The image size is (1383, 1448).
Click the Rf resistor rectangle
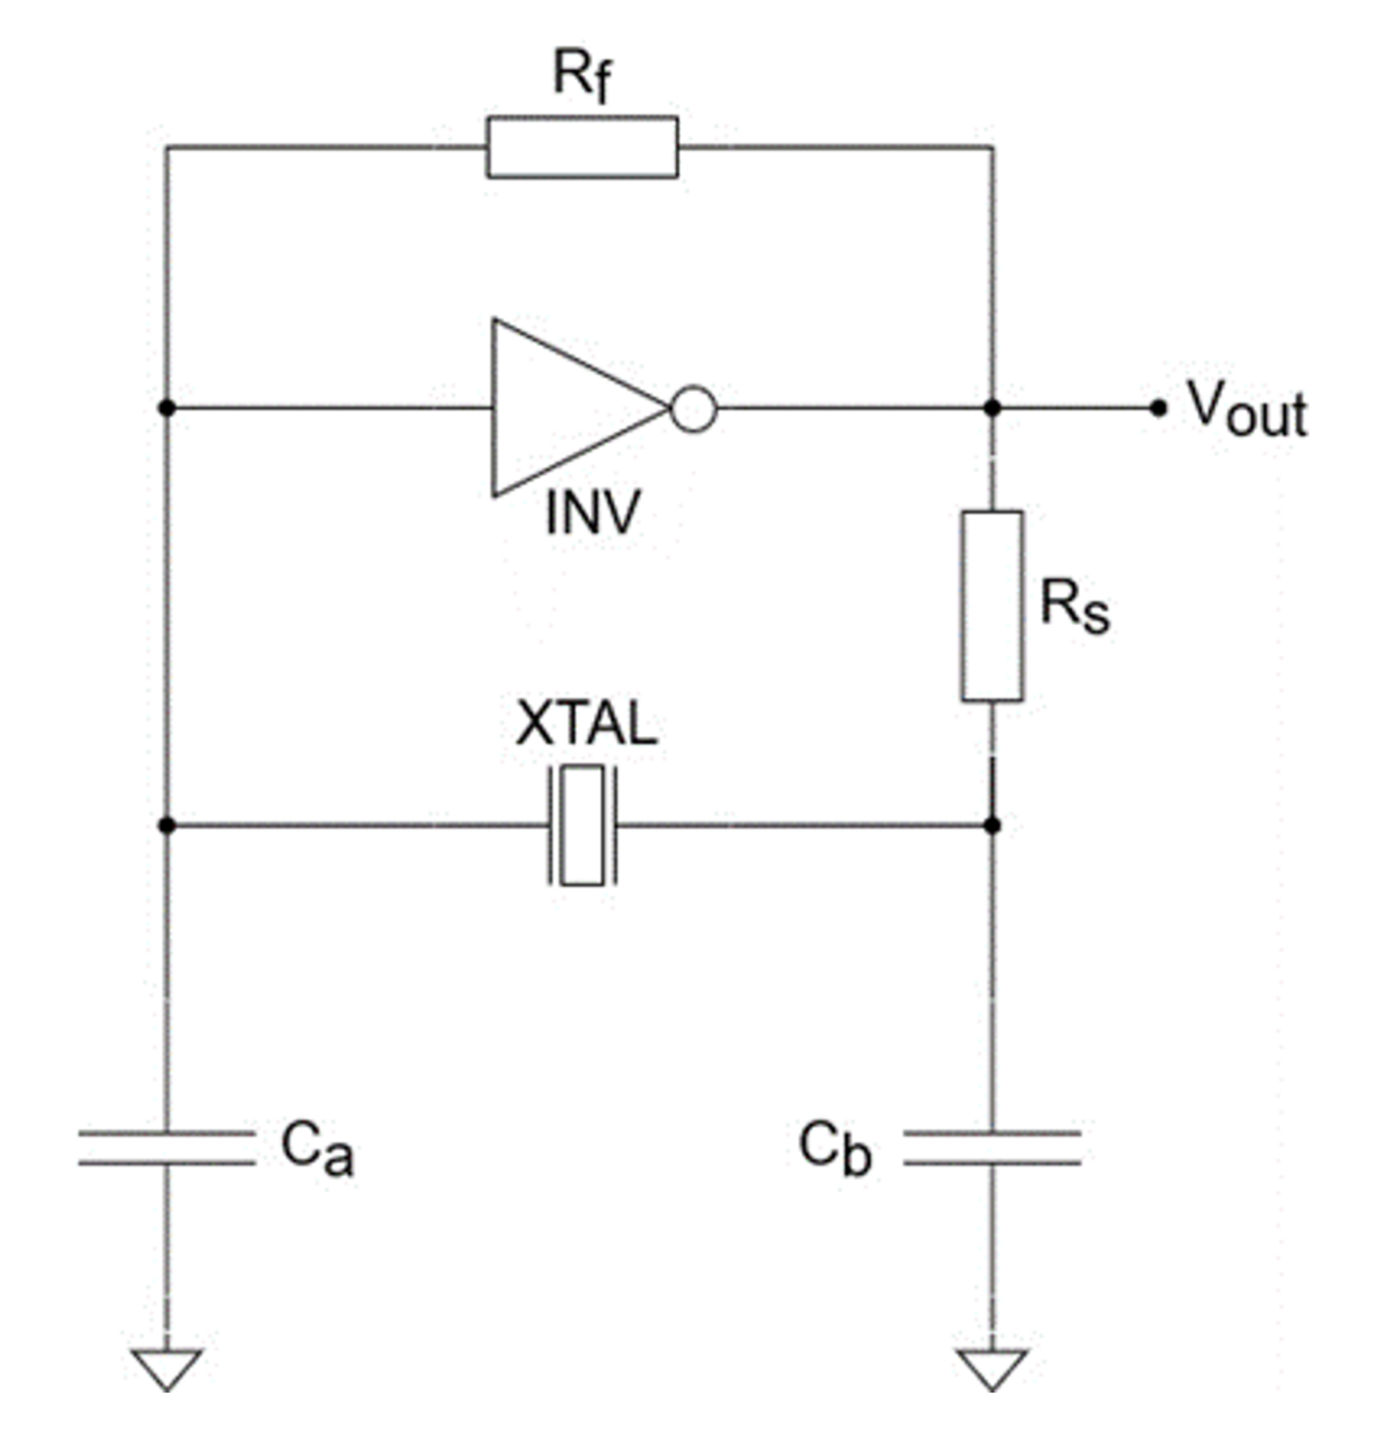click(x=582, y=147)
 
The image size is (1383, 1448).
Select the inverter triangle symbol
click(x=566, y=408)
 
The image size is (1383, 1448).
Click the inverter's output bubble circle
click(x=693, y=409)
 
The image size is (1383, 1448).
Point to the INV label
click(x=593, y=513)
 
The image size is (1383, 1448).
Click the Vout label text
click(x=1248, y=410)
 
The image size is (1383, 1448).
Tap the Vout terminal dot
click(x=1158, y=408)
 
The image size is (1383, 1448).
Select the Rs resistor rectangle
click(x=992, y=606)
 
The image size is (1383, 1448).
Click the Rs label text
click(x=1074, y=606)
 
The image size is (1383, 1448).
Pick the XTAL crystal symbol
click(x=582, y=825)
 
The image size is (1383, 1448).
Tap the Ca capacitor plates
click(x=167, y=1147)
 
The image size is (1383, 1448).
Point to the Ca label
click(x=317, y=1149)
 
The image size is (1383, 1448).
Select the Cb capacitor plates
click(x=992, y=1147)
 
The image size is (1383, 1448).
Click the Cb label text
click(x=835, y=1149)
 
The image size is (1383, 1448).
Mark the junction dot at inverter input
click(x=167, y=408)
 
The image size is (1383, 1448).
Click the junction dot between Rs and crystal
click(x=992, y=825)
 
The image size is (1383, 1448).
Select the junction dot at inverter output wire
click(x=992, y=408)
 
